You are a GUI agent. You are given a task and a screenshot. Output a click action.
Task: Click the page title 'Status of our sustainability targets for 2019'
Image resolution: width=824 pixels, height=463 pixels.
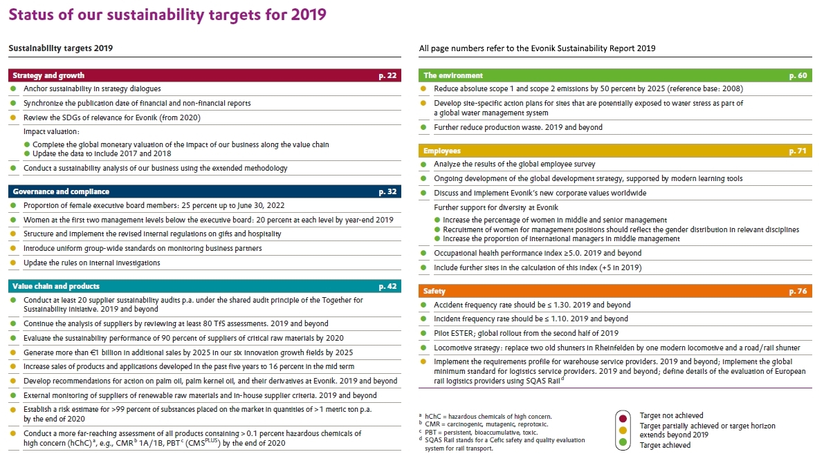click(167, 15)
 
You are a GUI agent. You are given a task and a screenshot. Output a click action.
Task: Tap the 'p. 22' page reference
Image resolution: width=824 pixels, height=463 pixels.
click(388, 75)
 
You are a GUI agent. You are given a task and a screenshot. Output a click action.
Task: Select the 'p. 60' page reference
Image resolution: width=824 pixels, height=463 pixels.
click(798, 75)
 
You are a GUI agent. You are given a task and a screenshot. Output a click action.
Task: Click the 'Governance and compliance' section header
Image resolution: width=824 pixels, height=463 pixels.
click(61, 191)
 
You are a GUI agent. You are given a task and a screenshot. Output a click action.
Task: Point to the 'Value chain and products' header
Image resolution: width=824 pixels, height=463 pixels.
click(56, 286)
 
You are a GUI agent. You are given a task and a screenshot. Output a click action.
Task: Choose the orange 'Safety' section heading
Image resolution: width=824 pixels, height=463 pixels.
click(434, 291)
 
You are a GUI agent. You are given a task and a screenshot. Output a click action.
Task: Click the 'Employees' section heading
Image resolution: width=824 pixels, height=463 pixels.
click(442, 151)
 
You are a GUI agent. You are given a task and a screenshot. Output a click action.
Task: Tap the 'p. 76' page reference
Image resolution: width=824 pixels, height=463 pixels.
click(798, 291)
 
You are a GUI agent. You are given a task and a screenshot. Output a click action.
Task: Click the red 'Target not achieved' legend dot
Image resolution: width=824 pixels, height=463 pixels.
click(623, 418)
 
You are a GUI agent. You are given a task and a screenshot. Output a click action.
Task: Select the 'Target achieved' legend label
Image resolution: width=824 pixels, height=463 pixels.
click(665, 445)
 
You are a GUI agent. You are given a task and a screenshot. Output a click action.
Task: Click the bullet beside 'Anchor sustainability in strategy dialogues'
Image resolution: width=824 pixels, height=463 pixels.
click(13, 88)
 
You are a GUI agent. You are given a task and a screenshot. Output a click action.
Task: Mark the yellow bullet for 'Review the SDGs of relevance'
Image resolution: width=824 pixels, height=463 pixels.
click(13, 117)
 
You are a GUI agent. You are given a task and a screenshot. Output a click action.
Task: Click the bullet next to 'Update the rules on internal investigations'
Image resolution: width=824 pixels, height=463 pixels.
click(13, 263)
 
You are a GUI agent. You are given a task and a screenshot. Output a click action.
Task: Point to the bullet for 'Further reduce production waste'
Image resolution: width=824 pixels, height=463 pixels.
click(423, 127)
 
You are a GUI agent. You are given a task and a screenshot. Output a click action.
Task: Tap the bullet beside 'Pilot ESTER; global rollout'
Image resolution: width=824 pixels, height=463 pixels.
click(423, 333)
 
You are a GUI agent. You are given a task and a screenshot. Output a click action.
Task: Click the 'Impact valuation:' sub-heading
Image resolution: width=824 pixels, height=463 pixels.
click(51, 131)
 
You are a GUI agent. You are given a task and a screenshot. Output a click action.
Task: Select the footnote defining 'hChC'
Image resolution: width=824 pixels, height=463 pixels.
click(486, 416)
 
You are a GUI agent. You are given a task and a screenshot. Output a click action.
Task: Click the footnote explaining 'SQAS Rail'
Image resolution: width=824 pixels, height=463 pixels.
click(502, 444)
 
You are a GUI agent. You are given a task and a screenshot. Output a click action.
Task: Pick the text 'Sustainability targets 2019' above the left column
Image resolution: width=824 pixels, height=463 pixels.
click(60, 48)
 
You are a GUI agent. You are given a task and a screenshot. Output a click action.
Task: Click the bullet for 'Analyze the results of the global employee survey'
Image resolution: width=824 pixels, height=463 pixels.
click(423, 164)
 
